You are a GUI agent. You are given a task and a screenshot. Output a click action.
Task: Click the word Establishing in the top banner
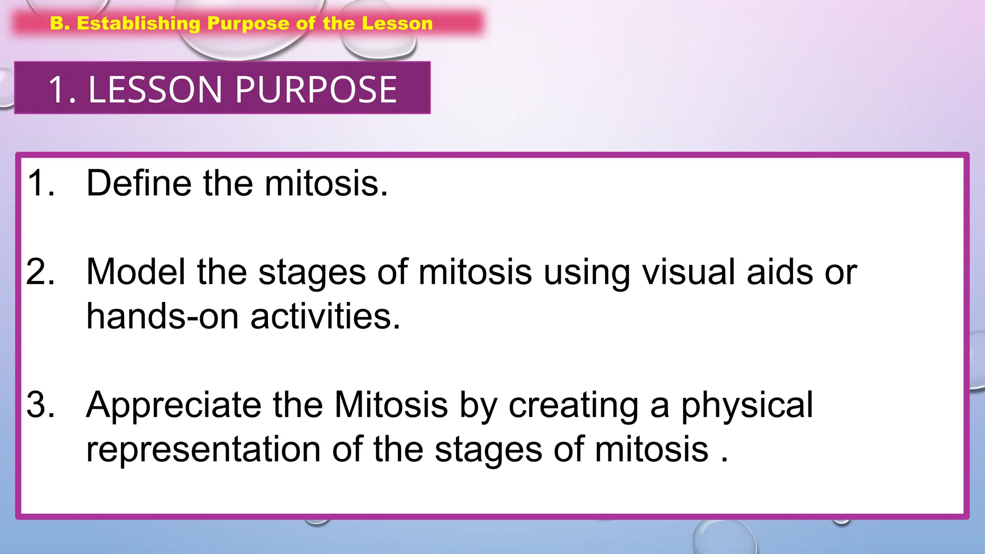[139, 24]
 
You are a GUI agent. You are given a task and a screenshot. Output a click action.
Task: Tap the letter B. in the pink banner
[60, 23]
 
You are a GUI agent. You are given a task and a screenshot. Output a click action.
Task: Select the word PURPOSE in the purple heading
[316, 89]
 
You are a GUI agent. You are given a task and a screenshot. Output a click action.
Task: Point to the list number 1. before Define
[40, 183]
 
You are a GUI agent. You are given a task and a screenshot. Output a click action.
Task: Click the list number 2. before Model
[40, 272]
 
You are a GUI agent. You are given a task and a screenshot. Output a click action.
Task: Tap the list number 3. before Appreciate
[40, 404]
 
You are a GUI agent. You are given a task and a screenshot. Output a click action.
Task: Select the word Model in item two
[135, 272]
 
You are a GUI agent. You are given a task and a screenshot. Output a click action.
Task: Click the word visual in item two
[689, 272]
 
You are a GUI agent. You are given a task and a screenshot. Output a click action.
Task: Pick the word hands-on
[162, 316]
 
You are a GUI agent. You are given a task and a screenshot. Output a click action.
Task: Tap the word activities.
[325, 316]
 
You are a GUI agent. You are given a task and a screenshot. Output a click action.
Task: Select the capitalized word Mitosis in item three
[391, 404]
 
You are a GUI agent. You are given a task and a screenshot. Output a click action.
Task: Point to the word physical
[746, 404]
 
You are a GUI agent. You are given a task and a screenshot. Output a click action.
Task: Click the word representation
[203, 449]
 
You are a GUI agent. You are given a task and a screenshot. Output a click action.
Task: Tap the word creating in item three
[573, 404]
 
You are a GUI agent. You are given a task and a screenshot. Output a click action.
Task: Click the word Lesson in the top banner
[397, 24]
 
